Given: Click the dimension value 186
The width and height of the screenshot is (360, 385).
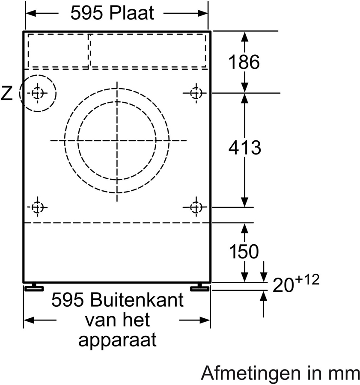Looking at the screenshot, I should pyautogui.click(x=244, y=62).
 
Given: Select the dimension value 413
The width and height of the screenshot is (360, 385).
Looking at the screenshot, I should pyautogui.click(x=244, y=148).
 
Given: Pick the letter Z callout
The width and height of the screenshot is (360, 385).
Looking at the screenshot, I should pyautogui.click(x=7, y=93).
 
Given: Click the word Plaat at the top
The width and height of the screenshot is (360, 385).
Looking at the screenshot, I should pyautogui.click(x=131, y=14).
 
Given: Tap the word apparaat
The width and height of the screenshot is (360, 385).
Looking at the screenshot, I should pyautogui.click(x=117, y=341).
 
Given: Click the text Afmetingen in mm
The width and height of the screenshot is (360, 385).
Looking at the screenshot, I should pyautogui.click(x=281, y=373).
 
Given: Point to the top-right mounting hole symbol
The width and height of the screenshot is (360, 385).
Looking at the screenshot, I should pyautogui.click(x=196, y=92).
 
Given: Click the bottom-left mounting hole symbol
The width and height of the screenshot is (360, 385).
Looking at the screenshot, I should pyautogui.click(x=38, y=207).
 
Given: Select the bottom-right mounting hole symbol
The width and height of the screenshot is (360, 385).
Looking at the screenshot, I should pyautogui.click(x=196, y=207).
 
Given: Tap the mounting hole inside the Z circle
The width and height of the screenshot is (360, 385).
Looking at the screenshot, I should pyautogui.click(x=38, y=92).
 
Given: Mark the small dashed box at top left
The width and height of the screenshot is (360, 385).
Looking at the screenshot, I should pyautogui.click(x=58, y=50).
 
